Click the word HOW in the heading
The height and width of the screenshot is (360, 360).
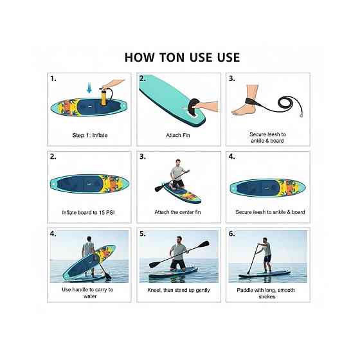[139, 57]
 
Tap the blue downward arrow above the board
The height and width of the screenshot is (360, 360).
[89, 87]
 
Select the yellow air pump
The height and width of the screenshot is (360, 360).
[104, 96]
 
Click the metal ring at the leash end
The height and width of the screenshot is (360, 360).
[301, 115]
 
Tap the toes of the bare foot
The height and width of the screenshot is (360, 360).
[235, 113]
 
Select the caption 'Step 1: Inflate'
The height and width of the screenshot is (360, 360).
[90, 135]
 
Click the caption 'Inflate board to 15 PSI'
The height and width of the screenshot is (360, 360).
[88, 213]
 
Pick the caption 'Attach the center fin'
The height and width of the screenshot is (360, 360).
[177, 212]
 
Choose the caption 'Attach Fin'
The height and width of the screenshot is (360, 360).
[178, 135]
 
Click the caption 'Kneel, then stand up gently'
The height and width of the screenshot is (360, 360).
[179, 290]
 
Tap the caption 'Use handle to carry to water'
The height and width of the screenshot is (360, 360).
[87, 293]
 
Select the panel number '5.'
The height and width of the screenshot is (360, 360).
[143, 234]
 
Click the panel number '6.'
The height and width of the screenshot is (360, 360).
[232, 234]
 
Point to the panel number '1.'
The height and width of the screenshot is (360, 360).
[53, 78]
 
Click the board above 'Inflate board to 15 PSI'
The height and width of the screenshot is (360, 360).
[89, 184]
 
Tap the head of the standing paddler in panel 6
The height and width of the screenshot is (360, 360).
[265, 240]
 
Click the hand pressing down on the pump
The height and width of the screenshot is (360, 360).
[113, 84]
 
